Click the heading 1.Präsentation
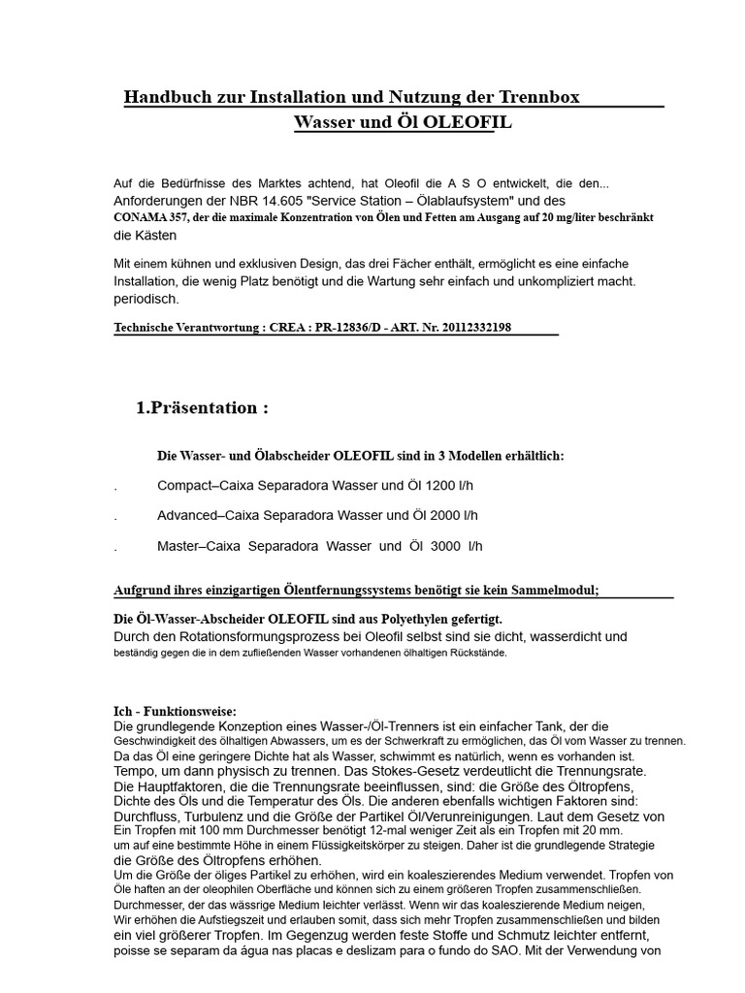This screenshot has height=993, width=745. [202, 408]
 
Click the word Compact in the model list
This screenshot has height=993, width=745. [184, 485]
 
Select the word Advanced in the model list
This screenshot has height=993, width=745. [187, 515]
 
